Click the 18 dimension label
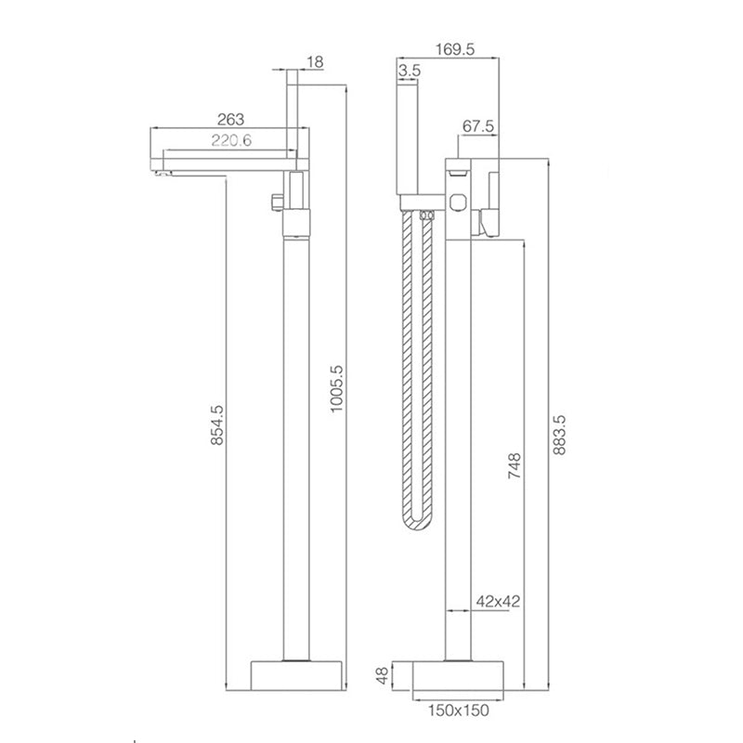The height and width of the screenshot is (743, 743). click(316, 62)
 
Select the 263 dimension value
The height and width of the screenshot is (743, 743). click(231, 118)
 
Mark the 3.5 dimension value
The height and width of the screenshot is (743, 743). click(410, 71)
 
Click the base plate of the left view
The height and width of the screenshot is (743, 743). click(296, 676)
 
